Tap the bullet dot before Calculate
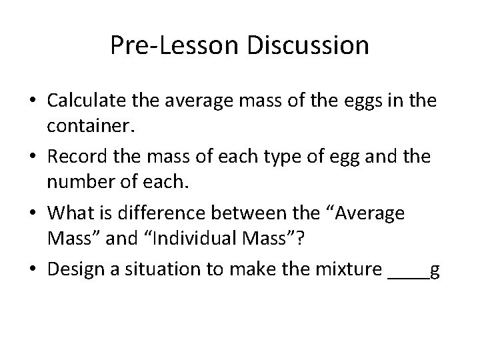tap(33, 101)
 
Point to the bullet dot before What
tap(33, 215)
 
